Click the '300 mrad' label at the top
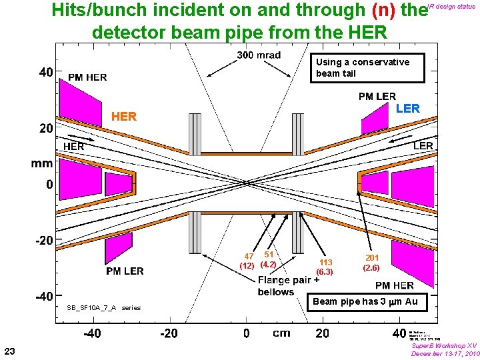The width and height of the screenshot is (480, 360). point(259,55)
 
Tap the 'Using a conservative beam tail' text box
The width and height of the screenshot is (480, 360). point(362,67)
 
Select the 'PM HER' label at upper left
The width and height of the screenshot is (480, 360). point(87,77)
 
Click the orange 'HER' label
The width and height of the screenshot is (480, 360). point(124,117)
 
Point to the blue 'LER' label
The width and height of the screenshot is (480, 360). point(408,109)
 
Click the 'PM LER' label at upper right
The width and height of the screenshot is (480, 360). point(377,97)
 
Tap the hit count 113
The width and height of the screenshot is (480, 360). point(326,263)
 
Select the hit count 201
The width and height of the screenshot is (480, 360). point(372,258)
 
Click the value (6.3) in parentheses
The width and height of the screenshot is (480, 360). point(325,272)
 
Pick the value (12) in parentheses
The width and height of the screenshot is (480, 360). point(247,265)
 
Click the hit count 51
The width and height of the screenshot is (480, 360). point(269,254)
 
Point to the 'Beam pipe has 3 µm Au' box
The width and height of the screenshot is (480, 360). point(365,301)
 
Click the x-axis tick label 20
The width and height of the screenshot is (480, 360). point(322,333)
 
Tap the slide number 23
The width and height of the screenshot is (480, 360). point(9,351)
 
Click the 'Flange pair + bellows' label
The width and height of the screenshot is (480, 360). point(285,286)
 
